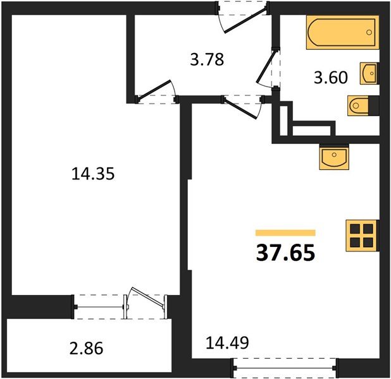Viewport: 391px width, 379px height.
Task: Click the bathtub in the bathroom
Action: click(342, 33)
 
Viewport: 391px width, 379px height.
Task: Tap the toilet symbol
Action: click(361, 105)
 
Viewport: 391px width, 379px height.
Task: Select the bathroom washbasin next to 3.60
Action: click(368, 73)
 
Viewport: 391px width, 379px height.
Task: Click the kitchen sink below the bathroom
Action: click(334, 156)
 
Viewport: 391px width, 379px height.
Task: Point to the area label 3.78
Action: click(207, 61)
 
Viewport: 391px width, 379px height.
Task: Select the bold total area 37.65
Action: click(285, 253)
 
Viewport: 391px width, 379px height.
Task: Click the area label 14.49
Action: click(227, 343)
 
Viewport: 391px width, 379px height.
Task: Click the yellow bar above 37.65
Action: click(285, 232)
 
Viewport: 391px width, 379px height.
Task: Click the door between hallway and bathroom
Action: click(270, 69)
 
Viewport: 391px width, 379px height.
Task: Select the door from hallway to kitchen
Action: click(243, 105)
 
